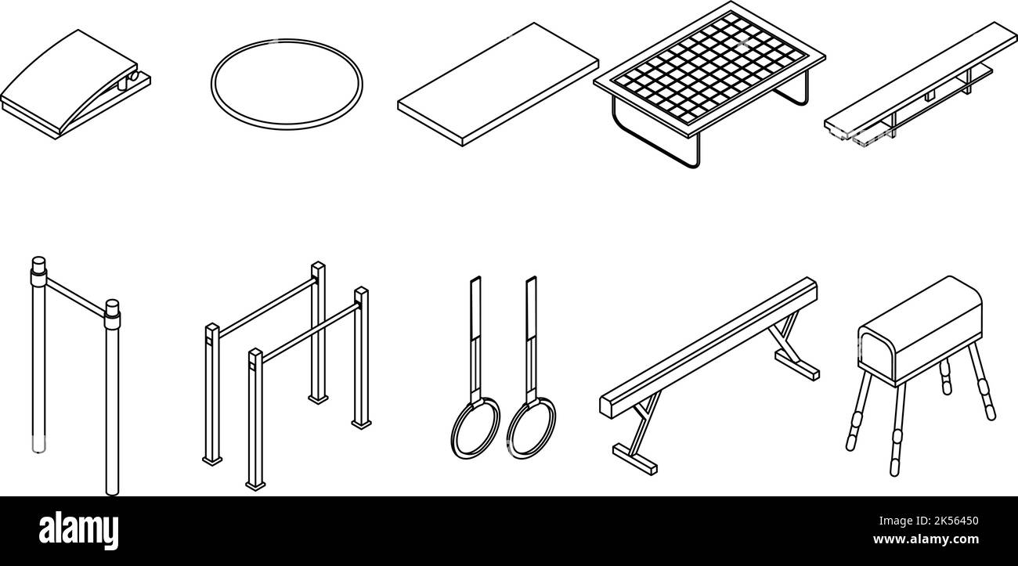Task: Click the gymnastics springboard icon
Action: [x=74, y=86]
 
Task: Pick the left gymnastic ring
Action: [x=475, y=427]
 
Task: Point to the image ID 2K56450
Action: [x=942, y=521]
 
